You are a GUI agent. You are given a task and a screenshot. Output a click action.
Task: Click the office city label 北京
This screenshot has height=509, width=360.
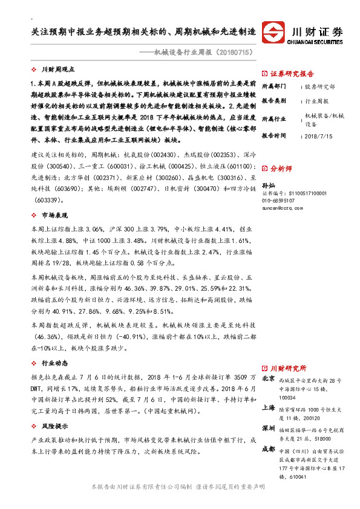(268, 378)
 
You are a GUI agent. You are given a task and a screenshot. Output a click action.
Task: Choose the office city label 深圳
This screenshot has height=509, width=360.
(268, 428)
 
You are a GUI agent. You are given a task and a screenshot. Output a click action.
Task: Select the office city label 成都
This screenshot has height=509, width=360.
(268, 449)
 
